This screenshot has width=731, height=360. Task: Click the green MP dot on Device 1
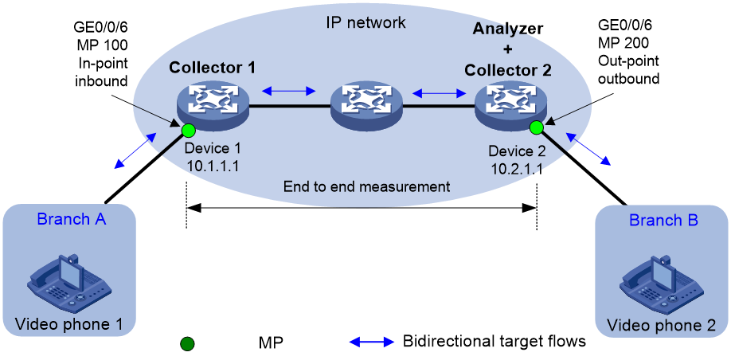(189, 130)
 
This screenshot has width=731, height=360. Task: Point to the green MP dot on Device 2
(536, 127)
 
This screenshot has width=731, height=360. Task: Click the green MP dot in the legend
(187, 344)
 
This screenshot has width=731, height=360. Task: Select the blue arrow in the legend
(372, 342)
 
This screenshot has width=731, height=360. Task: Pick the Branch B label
(663, 220)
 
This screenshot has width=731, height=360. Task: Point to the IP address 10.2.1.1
(515, 169)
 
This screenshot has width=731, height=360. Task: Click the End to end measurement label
(367, 187)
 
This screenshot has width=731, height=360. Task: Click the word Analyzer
(508, 29)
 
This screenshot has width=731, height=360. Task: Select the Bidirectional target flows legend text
(494, 342)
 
